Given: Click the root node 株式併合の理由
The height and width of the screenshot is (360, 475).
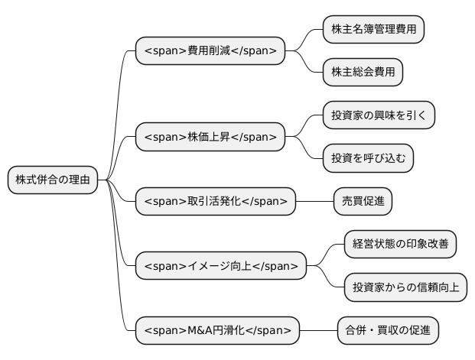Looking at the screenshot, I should (53, 180).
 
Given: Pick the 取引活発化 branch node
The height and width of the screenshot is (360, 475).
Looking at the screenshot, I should (215, 201).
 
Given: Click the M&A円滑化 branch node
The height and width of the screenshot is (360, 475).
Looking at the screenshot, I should (217, 330).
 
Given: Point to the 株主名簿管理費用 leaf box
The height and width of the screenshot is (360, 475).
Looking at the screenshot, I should (373, 30).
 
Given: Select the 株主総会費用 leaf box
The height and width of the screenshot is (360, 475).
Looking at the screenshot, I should (363, 73).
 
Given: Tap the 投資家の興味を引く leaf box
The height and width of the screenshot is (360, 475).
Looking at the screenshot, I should (379, 115).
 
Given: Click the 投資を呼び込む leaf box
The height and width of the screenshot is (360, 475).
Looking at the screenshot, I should (368, 158).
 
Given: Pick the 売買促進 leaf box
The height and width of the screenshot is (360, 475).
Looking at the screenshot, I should (363, 201).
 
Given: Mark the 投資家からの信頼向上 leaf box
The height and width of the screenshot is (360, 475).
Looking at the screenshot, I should (405, 287).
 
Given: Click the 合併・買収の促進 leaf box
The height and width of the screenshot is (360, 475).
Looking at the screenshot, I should (389, 330).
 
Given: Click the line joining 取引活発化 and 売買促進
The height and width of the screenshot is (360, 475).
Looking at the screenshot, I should (314, 201).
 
